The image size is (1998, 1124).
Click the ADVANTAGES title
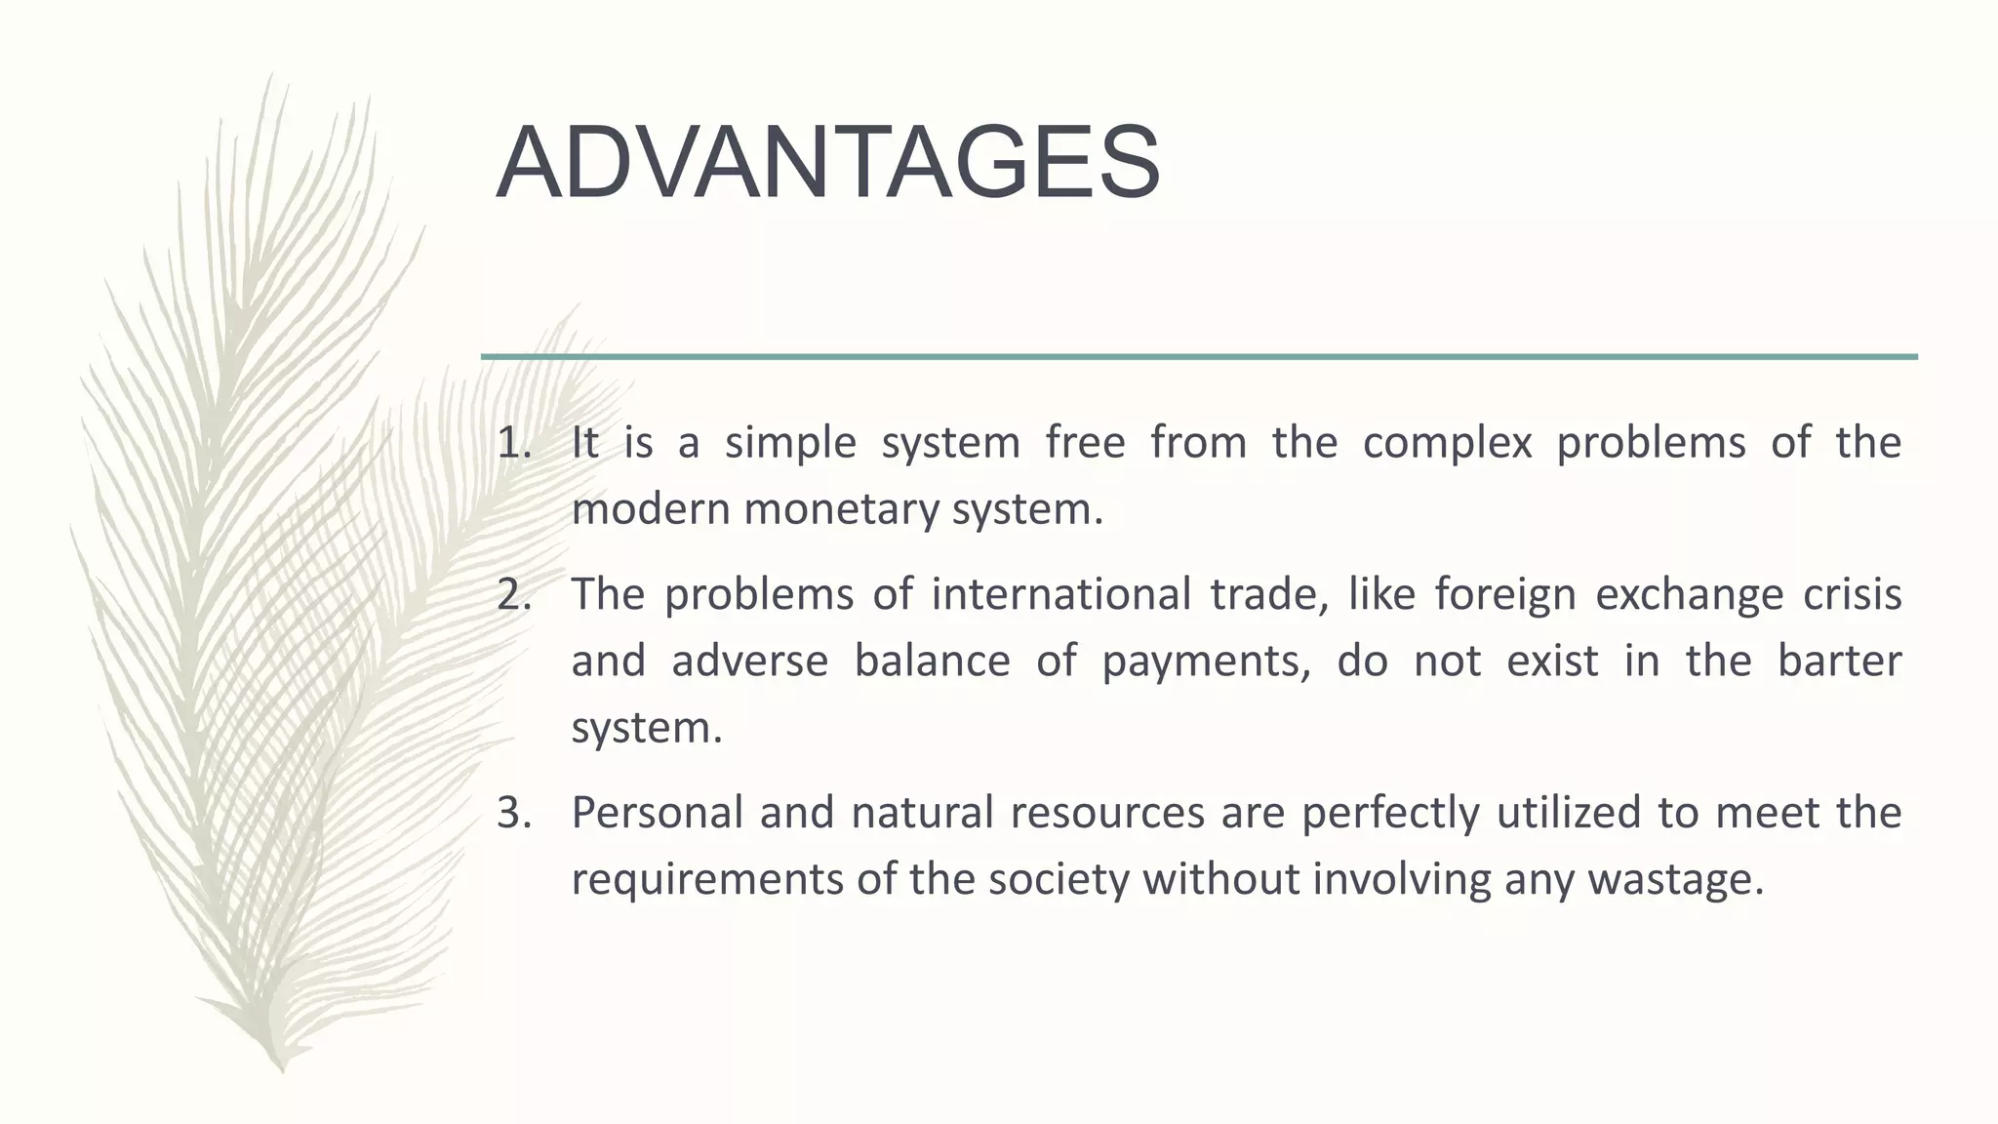click(828, 163)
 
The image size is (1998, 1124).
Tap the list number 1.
click(514, 443)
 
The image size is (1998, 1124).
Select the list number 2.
click(514, 595)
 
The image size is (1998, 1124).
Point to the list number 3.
click(514, 813)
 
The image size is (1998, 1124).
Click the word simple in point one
click(790, 443)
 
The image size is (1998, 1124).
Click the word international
click(1060, 595)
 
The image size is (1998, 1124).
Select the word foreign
click(1504, 595)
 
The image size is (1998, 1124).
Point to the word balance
click(932, 662)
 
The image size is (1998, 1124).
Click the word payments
click(1206, 662)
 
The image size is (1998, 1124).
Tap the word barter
click(1839, 662)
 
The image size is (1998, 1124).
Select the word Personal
click(658, 813)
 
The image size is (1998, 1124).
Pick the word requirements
click(705, 879)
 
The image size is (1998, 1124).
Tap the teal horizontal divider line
click(1199, 357)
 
